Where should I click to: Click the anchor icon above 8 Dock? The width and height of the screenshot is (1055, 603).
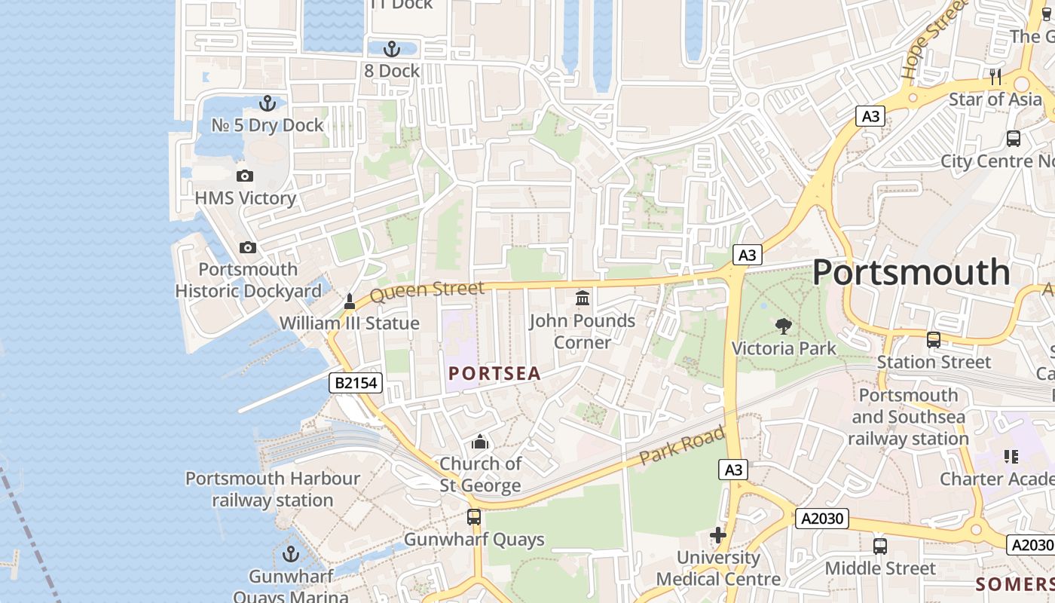(391, 50)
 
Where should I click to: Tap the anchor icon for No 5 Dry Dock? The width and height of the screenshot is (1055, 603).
(268, 103)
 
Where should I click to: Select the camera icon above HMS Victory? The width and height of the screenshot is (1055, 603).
(245, 176)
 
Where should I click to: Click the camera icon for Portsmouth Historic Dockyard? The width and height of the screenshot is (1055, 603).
(247, 247)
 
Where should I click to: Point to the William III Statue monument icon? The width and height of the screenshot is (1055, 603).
(349, 301)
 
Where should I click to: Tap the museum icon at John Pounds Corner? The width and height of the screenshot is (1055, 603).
(583, 298)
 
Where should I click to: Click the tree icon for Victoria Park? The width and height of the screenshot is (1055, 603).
(784, 326)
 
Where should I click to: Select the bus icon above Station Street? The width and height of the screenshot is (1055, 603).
(934, 340)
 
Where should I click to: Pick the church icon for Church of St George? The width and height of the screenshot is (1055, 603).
(480, 442)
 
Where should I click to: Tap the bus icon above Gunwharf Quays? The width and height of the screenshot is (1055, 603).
(474, 517)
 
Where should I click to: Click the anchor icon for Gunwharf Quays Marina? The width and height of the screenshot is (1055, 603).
(291, 555)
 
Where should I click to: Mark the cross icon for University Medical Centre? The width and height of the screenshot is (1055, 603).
(718, 536)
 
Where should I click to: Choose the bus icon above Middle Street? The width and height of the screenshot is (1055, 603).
(879, 546)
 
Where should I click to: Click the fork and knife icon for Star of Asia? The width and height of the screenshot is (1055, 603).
(995, 77)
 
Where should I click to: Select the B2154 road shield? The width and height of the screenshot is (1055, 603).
(356, 384)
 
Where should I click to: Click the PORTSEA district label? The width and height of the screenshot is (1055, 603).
(494, 374)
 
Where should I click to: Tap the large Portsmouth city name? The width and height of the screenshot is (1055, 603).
(911, 272)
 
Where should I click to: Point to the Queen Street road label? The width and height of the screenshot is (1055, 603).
(427, 291)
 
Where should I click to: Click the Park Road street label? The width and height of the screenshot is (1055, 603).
(682, 445)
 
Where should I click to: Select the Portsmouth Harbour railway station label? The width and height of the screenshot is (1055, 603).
(273, 489)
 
